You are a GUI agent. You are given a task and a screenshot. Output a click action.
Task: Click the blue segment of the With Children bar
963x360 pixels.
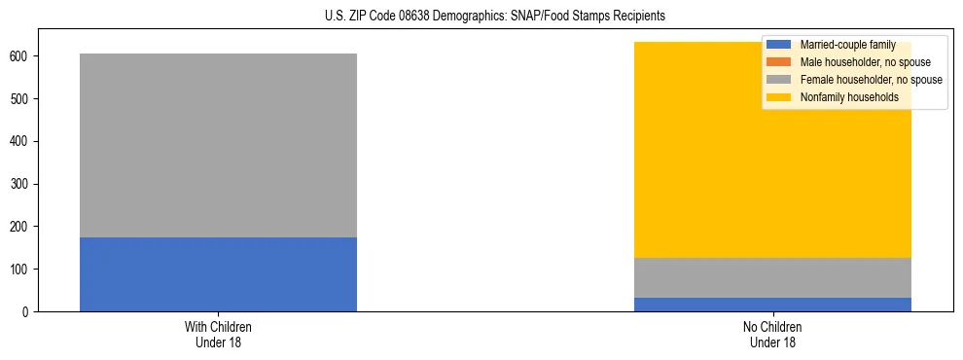point(218,274)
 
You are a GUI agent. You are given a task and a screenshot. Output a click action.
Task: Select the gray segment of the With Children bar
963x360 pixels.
point(218,145)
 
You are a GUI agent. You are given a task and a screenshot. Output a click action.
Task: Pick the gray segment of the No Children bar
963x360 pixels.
point(772,277)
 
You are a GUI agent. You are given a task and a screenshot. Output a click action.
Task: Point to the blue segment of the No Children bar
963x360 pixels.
point(772,305)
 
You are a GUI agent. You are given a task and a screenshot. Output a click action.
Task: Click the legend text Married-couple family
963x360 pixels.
point(845,45)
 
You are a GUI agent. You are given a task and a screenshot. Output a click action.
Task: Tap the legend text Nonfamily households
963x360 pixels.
point(842,97)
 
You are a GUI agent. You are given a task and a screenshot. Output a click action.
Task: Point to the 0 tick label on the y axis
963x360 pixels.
point(27,311)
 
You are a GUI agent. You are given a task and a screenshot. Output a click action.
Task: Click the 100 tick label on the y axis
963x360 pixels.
point(21,269)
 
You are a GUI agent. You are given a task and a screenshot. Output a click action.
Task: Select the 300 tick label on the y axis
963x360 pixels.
point(21,184)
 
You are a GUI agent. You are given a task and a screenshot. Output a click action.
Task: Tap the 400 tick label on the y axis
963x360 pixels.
point(21,141)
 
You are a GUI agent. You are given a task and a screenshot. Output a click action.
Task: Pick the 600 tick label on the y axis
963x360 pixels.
point(21,56)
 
